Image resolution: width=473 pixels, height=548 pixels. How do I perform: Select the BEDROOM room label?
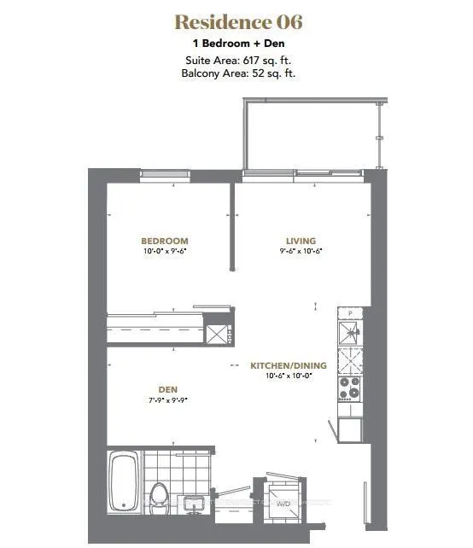165,242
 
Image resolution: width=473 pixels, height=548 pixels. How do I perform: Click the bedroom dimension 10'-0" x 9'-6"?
165,252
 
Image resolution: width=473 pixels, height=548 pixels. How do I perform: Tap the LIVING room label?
294,242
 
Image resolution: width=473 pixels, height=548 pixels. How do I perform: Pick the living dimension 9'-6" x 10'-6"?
294,252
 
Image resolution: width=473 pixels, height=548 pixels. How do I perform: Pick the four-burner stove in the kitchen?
351,388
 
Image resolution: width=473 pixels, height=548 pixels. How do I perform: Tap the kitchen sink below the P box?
351,331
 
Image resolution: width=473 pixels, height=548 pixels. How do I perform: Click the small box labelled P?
349,312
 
